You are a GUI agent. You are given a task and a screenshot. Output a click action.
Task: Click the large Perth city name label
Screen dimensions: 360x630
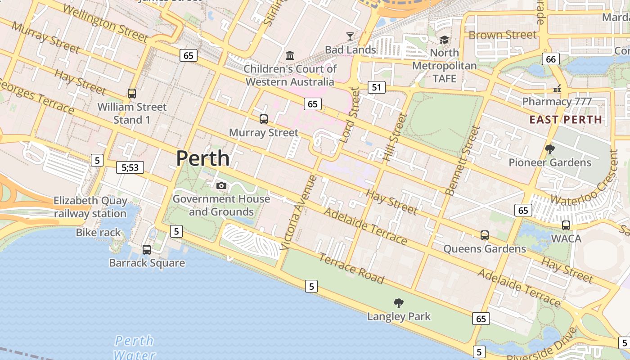click(x=202, y=158)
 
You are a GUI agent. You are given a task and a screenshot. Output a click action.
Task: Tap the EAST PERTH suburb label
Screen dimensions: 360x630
click(x=566, y=120)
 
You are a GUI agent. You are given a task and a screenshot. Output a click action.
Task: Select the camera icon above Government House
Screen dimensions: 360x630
click(x=221, y=185)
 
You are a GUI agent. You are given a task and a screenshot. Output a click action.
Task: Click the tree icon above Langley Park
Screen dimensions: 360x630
click(x=398, y=303)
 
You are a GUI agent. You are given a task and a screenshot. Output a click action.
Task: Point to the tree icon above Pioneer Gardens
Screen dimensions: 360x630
click(x=549, y=149)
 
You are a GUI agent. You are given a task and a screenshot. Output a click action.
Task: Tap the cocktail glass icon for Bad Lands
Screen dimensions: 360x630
click(x=350, y=36)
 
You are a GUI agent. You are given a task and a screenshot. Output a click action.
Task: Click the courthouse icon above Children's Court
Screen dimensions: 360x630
click(x=290, y=56)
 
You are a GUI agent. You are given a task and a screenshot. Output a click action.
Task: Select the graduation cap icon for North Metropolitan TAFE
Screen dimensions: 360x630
click(x=444, y=40)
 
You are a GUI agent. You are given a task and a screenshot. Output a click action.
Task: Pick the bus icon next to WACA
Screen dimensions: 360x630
click(x=566, y=225)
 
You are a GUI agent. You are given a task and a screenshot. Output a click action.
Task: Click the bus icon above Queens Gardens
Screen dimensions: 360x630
click(x=484, y=235)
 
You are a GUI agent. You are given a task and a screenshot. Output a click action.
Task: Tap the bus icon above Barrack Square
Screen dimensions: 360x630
click(x=147, y=249)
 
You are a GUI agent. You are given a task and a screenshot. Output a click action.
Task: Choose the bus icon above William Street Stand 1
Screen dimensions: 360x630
click(x=131, y=93)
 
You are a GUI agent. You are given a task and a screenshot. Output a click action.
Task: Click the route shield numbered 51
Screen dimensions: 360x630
click(x=377, y=87)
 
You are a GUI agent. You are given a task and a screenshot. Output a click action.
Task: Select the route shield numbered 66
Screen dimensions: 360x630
click(x=550, y=59)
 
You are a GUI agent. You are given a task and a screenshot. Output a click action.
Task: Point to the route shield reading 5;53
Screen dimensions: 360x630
click(x=130, y=167)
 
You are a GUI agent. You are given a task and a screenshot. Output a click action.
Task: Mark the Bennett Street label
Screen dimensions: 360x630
click(x=462, y=161)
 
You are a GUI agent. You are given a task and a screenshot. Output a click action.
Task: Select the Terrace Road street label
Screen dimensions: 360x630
click(x=351, y=269)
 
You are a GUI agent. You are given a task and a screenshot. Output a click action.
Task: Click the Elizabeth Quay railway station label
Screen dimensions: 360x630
click(x=90, y=207)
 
